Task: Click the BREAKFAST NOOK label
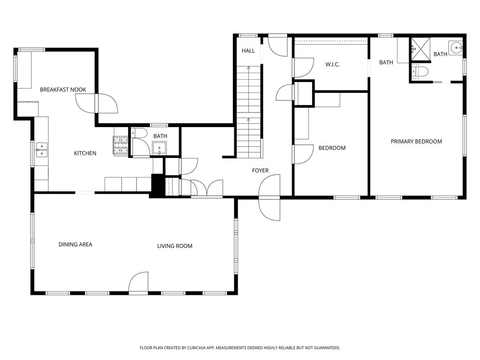pos(63,90)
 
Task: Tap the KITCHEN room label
pos(85,153)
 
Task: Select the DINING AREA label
pos(75,244)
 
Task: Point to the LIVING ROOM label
pos(175,246)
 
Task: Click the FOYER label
pos(260,171)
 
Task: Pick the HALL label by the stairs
pos(248,51)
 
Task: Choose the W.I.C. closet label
pos(332,65)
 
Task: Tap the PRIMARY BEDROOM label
pos(416,142)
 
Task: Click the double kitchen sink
pos(41,150)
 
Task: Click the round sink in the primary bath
pos(456,47)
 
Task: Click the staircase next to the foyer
pos(248,112)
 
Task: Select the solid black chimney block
pos(157,185)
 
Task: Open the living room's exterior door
pos(138,283)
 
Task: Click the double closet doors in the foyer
pos(207,187)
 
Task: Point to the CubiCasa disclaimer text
pos(240,348)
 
